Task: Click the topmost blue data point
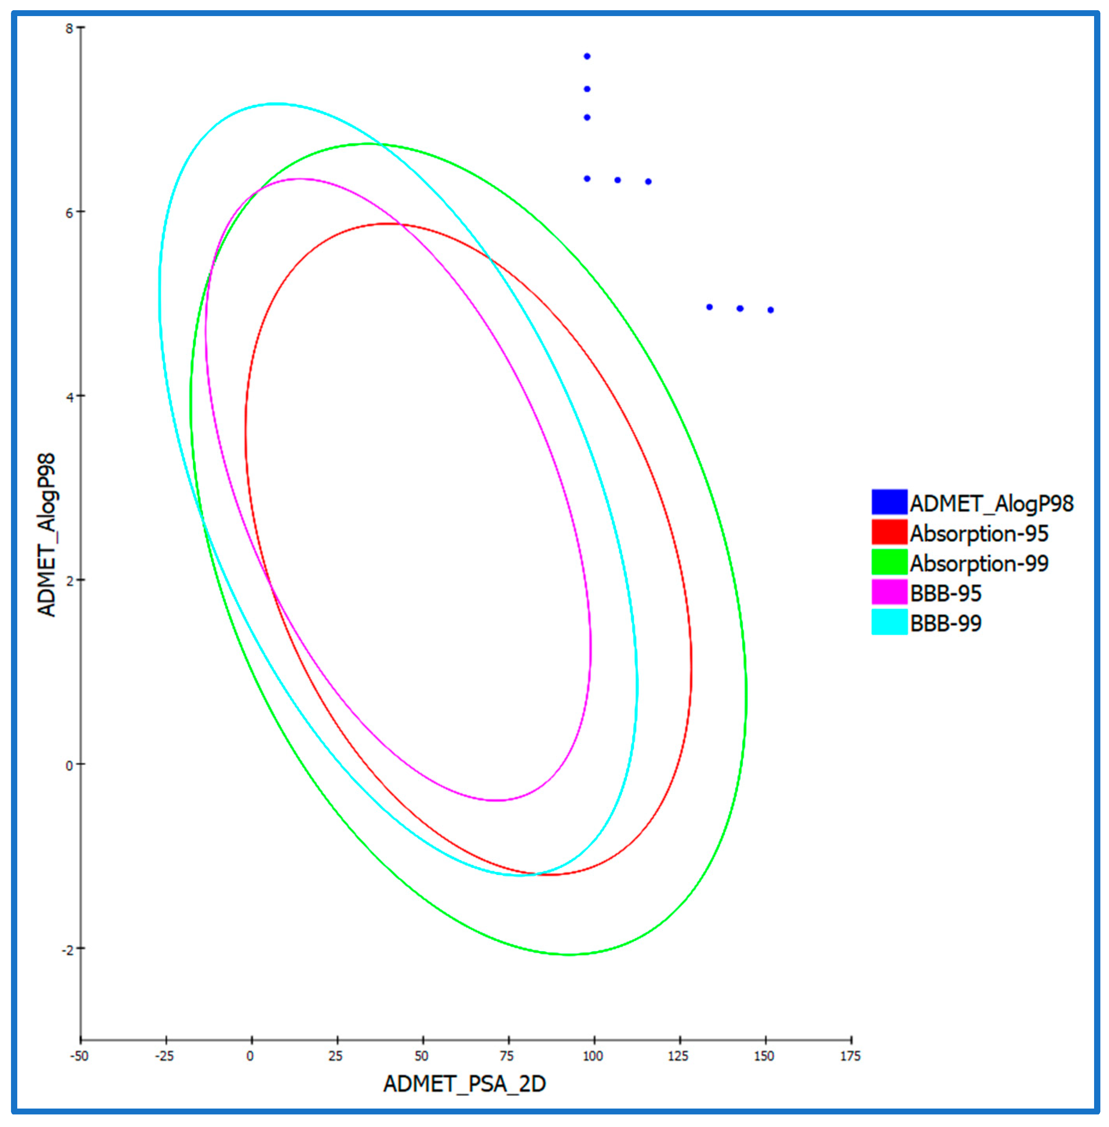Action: [x=587, y=57]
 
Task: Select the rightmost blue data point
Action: [x=770, y=310]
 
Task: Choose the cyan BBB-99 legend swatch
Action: [x=889, y=622]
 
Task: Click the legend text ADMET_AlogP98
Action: [x=991, y=504]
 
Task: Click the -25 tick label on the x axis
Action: [x=164, y=1056]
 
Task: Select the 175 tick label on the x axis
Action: [x=850, y=1056]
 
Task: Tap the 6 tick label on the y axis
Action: [x=69, y=213]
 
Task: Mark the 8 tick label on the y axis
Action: [x=69, y=29]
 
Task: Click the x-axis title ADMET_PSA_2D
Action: [x=464, y=1084]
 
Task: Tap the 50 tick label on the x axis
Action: [x=422, y=1056]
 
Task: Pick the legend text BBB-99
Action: [x=945, y=623]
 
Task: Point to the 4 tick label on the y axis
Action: [x=69, y=397]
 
